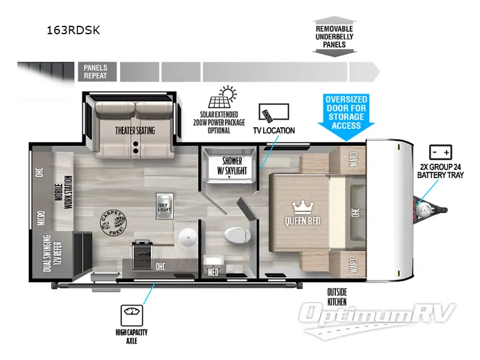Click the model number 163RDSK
coord(73,31)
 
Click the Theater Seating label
coord(135,130)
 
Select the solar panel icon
coord(220,98)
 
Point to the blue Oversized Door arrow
coord(346,112)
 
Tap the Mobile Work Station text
coord(64,190)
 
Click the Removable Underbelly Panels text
coord(334,37)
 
